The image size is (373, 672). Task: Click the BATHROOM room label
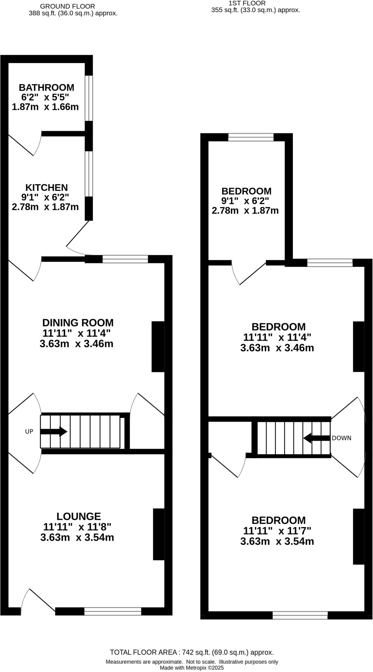(46, 88)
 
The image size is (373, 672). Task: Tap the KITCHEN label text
(46, 188)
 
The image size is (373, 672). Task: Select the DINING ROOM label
(78, 323)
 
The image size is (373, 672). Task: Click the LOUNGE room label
(78, 516)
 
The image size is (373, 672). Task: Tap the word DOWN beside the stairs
(341, 438)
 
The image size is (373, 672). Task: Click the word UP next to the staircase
(29, 431)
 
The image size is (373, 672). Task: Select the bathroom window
(89, 98)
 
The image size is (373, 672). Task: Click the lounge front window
(113, 611)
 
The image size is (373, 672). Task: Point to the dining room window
(125, 259)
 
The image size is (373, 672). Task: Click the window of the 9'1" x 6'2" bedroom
(251, 137)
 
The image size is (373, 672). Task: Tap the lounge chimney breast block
(158, 534)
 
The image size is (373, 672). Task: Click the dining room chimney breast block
(158, 346)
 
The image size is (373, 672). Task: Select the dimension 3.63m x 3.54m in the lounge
(77, 538)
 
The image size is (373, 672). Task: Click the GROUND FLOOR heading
(67, 6)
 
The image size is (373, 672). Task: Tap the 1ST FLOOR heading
(247, 3)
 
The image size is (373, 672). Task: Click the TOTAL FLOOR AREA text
(192, 652)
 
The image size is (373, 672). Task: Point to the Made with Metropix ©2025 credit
(192, 668)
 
